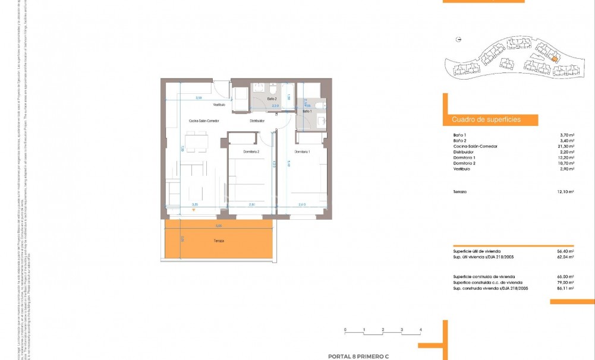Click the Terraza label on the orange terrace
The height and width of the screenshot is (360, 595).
coord(220,241)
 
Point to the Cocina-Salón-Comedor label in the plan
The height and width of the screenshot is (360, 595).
coord(202,121)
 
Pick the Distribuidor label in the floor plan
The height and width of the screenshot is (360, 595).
coord(257,121)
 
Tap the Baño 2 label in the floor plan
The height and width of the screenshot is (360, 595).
coord(272,98)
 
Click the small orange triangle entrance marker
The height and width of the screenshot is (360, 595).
coord(193,210)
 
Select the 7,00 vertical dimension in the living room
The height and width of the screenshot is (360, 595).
coord(182,149)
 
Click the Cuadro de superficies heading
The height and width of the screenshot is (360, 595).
coord(486,119)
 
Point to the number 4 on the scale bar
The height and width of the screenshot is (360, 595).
coord(420,329)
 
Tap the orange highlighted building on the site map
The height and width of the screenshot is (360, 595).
coord(553,58)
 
